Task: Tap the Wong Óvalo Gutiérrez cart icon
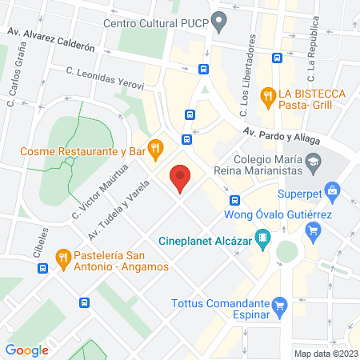click(313, 231)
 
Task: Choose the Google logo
click(27, 350)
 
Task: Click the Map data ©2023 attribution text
click(324, 354)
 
